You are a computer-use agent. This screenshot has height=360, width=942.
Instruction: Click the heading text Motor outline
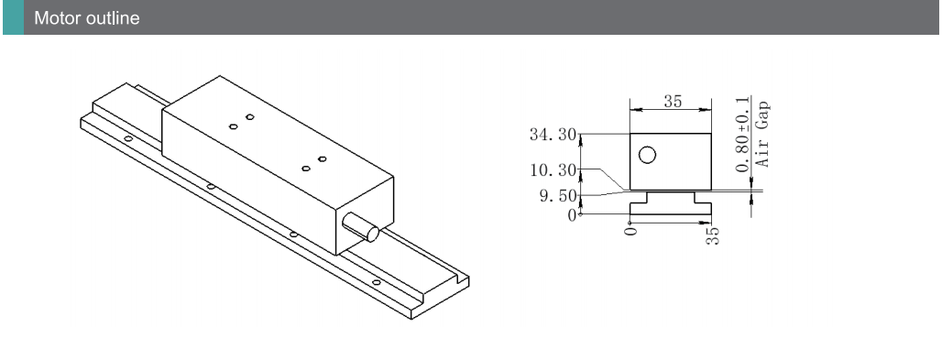pyautogui.click(x=86, y=18)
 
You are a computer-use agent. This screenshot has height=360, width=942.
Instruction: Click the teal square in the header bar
pyautogui.click(x=13, y=16)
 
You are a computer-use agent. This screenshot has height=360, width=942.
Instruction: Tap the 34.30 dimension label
pyautogui.click(x=553, y=135)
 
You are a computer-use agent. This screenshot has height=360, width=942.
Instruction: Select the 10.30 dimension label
pyautogui.click(x=553, y=170)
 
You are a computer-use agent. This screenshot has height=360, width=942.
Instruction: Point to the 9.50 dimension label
pyautogui.click(x=558, y=196)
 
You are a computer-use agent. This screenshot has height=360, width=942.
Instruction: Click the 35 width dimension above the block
pyautogui.click(x=673, y=102)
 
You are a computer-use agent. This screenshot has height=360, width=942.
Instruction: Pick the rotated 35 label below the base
pyautogui.click(x=713, y=235)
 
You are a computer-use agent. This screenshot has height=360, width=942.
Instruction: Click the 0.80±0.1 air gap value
pyautogui.click(x=743, y=134)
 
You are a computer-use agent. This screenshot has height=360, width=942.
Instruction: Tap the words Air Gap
pyautogui.click(x=761, y=134)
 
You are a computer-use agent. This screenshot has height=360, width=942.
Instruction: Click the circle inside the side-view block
pyautogui.click(x=647, y=155)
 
